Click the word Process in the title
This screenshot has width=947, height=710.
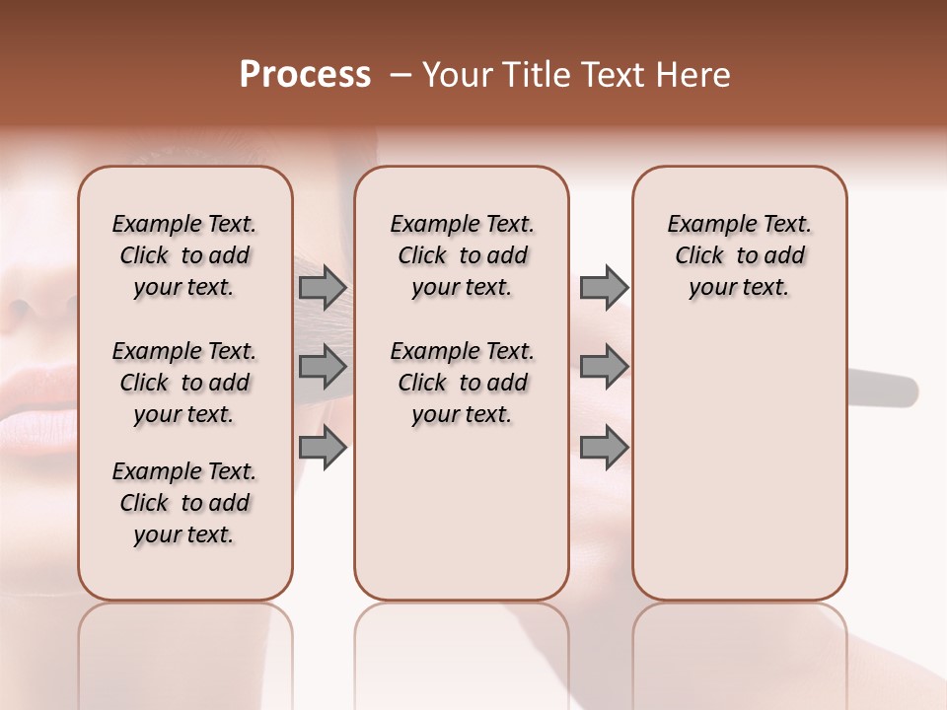(305, 75)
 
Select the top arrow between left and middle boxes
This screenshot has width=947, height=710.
(323, 287)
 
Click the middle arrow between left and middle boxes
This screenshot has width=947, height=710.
(323, 367)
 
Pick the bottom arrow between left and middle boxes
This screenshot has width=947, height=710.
(323, 448)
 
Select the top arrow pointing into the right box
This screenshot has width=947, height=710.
(604, 287)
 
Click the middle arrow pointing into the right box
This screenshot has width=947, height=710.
(604, 367)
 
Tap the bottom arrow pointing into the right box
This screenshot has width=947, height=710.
(604, 448)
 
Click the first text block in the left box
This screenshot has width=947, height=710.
(184, 255)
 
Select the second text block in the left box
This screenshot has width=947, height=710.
(184, 383)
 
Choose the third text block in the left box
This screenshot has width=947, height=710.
(184, 503)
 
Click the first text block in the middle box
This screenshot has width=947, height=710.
(462, 255)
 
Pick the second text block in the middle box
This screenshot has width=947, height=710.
(462, 383)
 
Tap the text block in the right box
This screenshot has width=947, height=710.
(740, 255)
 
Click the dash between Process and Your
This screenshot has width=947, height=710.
(401, 75)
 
